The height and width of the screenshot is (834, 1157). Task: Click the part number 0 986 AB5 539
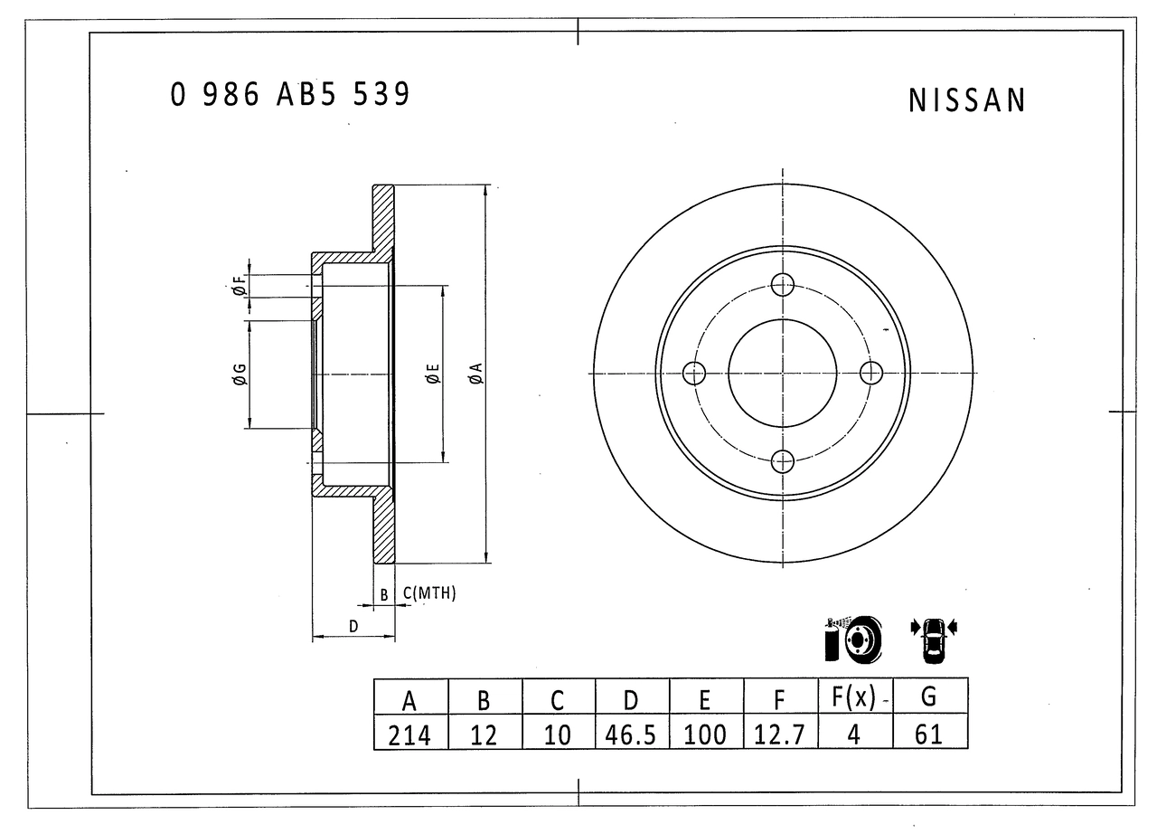pyautogui.click(x=290, y=95)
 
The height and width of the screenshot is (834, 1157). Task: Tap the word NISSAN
pyautogui.click(x=967, y=100)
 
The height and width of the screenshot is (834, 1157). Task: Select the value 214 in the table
pyautogui.click(x=409, y=735)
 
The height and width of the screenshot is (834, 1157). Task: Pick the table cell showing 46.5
pyautogui.click(x=630, y=734)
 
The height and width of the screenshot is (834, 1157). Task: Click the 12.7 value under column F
pyautogui.click(x=779, y=734)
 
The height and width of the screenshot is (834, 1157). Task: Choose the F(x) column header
pyautogui.click(x=854, y=697)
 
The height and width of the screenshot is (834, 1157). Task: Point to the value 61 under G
pyautogui.click(x=928, y=734)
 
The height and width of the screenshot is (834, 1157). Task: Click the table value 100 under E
pyautogui.click(x=704, y=734)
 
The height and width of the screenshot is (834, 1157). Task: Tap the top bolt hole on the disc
pyautogui.click(x=783, y=285)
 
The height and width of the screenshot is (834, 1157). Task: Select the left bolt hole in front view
pyautogui.click(x=694, y=373)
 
